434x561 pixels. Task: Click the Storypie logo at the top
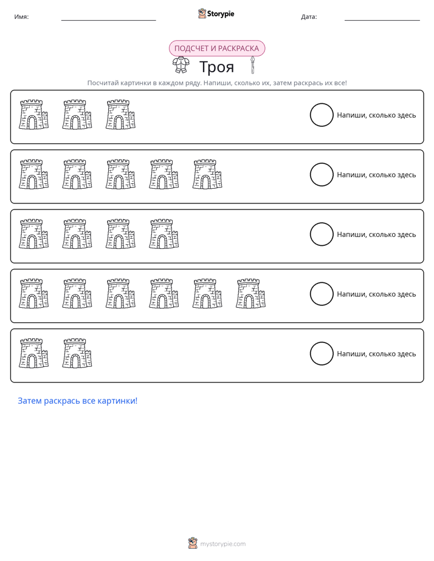[216, 13]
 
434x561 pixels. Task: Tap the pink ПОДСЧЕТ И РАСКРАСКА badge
[216, 49]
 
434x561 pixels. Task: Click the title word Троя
[216, 67]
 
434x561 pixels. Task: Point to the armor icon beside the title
[181, 66]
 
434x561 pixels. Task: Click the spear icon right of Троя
[252, 65]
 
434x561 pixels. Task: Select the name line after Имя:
[108, 21]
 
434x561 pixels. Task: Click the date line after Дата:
[382, 21]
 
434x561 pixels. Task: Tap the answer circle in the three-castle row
[322, 115]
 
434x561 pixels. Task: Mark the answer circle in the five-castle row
[322, 175]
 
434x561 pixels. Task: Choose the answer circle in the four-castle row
[322, 234]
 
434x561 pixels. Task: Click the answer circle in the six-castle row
[322, 294]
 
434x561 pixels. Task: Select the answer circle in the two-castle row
[322, 353]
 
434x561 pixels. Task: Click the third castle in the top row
[120, 115]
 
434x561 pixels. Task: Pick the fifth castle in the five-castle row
[207, 174]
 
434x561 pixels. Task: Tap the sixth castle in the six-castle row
[250, 293]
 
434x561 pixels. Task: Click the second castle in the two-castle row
[77, 353]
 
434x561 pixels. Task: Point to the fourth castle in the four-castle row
[164, 234]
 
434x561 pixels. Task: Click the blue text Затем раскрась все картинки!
[78, 401]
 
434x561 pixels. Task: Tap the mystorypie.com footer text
[222, 544]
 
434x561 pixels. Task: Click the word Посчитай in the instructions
[103, 83]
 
